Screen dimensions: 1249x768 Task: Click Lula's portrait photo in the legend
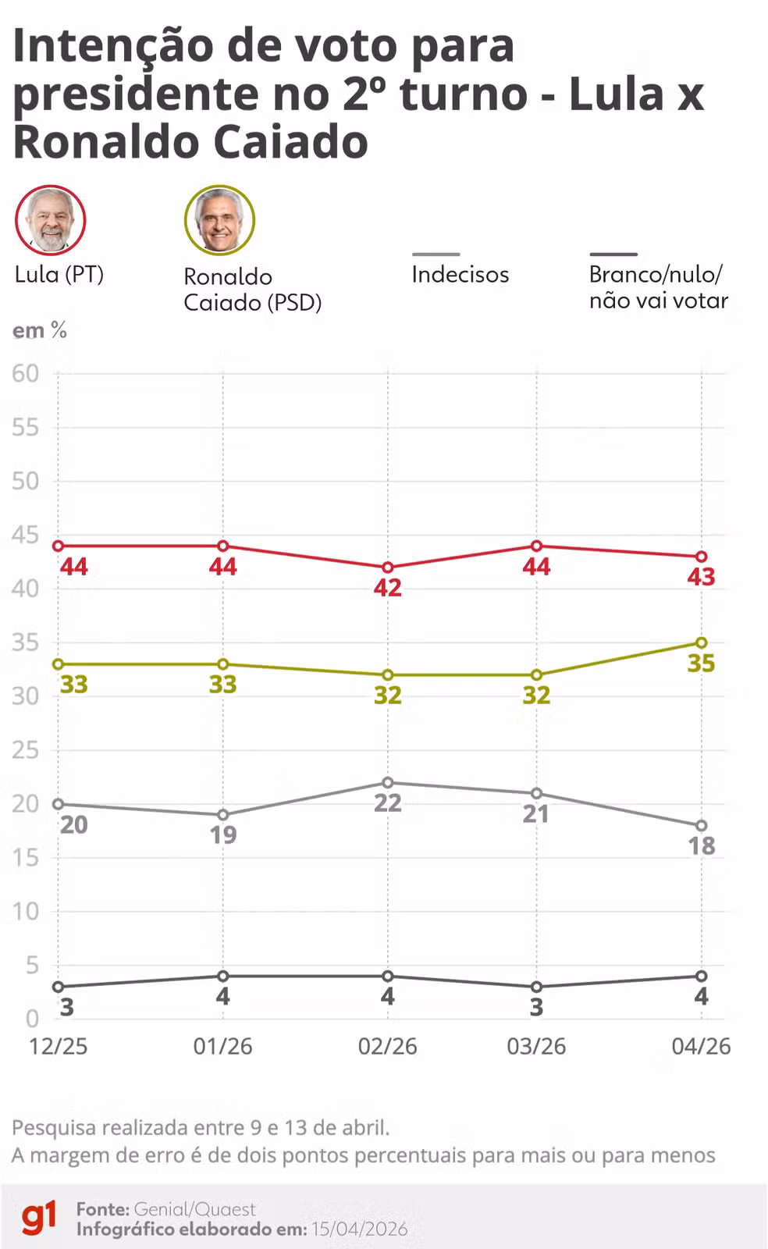coord(50,220)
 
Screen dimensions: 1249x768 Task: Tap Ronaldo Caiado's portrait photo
coord(219,220)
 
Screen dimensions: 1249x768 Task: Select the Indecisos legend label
coord(460,274)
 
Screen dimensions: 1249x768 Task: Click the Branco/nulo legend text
coord(658,286)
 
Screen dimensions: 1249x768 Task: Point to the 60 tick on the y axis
coord(25,373)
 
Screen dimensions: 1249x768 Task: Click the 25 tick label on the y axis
coord(25,750)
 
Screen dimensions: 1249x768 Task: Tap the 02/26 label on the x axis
coord(387,1046)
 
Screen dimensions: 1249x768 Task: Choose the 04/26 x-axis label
coord(701,1046)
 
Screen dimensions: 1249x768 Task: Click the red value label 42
coord(387,588)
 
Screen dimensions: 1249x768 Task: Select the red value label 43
coord(701,577)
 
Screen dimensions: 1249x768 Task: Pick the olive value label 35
coord(701,663)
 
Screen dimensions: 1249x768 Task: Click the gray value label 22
coord(387,802)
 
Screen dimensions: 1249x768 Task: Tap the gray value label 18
coord(701,845)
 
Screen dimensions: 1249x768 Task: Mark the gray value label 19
coord(222,835)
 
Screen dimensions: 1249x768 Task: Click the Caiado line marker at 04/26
coord(701,642)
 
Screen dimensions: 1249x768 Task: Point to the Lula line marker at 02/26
coord(387,568)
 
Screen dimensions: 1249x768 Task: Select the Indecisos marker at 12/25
coord(58,804)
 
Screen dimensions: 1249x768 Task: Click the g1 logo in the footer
coord(38,1218)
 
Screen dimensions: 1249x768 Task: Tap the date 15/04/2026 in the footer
coord(359,1229)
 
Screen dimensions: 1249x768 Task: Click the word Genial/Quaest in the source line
coord(194,1209)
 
